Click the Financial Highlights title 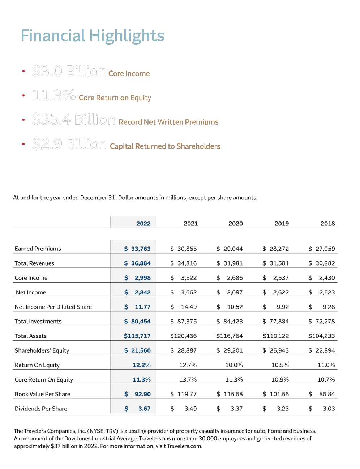pyautogui.click(x=93, y=36)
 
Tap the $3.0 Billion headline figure pyautogui.click(x=69, y=71)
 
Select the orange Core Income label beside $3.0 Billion pyautogui.click(x=129, y=74)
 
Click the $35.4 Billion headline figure pyautogui.click(x=73, y=120)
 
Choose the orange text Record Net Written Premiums pyautogui.click(x=168, y=122)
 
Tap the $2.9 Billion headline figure pyautogui.click(x=69, y=144)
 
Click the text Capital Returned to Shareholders pyautogui.click(x=165, y=146)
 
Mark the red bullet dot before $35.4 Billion pyautogui.click(x=23, y=120)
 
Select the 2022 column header pyautogui.click(x=143, y=224)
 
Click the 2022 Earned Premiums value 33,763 pyautogui.click(x=141, y=249)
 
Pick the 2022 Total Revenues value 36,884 pyautogui.click(x=141, y=263)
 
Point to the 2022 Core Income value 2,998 pyautogui.click(x=142, y=278)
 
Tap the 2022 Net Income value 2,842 pyautogui.click(x=142, y=292)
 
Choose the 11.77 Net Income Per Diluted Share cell pyautogui.click(x=142, y=307)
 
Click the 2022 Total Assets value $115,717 pyautogui.click(x=137, y=336)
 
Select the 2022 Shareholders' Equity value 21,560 pyautogui.click(x=141, y=350)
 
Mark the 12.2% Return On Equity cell pyautogui.click(x=142, y=365)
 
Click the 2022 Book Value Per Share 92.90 pyautogui.click(x=142, y=394)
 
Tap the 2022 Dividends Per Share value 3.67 pyautogui.click(x=144, y=409)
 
